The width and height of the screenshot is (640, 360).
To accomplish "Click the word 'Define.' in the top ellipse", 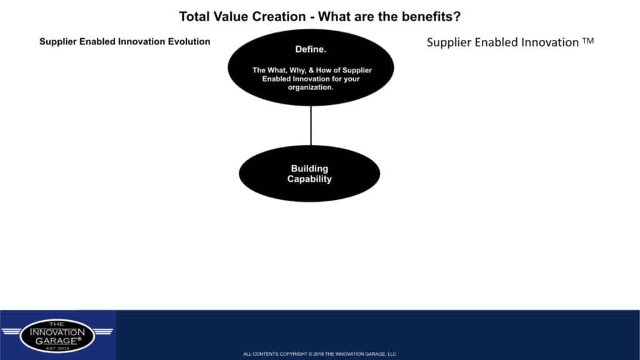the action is click(311, 49).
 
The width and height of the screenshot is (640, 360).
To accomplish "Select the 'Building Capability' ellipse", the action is click(309, 174).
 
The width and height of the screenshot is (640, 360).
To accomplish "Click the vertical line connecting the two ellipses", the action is click(311, 126).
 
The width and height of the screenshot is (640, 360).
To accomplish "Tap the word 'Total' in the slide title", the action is click(195, 17).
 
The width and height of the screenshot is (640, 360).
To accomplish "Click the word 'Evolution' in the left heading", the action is click(189, 42).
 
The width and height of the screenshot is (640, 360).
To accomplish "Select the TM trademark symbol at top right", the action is click(588, 41).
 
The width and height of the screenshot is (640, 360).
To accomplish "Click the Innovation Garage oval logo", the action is click(57, 336).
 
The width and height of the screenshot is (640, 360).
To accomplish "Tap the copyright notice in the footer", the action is click(319, 354).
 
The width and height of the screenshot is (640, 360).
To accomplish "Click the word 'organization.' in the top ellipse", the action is click(311, 87).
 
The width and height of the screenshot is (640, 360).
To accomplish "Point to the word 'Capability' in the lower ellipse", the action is click(309, 179).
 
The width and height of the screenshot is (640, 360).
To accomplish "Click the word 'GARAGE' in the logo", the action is click(56, 341).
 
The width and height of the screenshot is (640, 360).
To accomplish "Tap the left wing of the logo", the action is click(11, 331).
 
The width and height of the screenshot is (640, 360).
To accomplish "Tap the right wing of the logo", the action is click(103, 331).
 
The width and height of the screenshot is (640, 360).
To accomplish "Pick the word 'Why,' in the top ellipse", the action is click(297, 70).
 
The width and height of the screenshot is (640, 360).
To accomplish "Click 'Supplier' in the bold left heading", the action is click(57, 42).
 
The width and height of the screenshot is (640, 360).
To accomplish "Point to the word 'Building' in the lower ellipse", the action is click(309, 169).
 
